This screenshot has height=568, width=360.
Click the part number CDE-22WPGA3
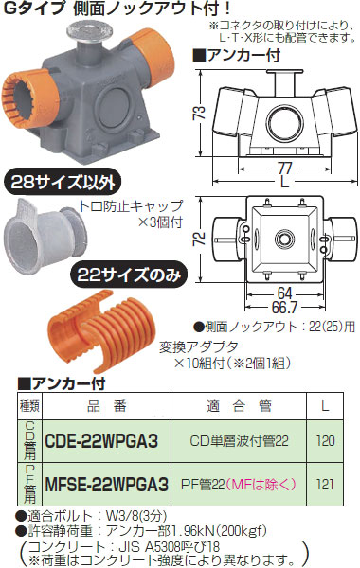tap(101, 441)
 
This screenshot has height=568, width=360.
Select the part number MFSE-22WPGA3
tap(107, 485)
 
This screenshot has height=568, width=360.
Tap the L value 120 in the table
tap(325, 441)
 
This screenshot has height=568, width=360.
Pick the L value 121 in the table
tap(325, 485)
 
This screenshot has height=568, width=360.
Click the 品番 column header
tap(107, 406)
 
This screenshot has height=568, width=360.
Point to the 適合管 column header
tap(239, 406)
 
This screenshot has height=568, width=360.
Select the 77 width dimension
tap(284, 168)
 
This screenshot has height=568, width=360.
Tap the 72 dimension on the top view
tap(199, 240)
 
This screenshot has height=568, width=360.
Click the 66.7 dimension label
tap(284, 308)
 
